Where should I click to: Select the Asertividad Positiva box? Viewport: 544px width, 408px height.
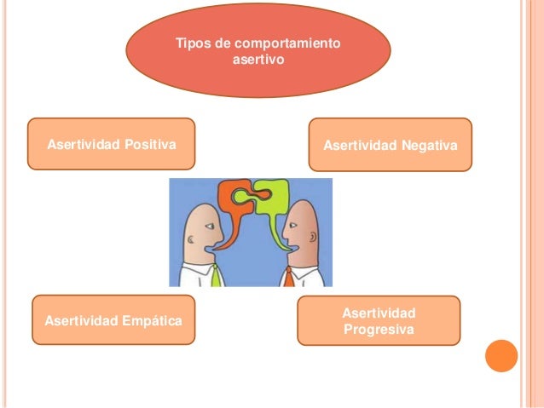[x=112, y=145]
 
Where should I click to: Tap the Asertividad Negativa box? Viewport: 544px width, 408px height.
[x=390, y=146]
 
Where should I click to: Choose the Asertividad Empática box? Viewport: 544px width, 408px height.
[x=113, y=321]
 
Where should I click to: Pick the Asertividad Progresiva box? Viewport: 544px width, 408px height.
[x=379, y=320]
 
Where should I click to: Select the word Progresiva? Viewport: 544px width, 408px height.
[x=379, y=329]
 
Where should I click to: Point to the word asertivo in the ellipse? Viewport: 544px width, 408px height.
[x=259, y=60]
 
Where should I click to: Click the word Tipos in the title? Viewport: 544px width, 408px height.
[x=190, y=43]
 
